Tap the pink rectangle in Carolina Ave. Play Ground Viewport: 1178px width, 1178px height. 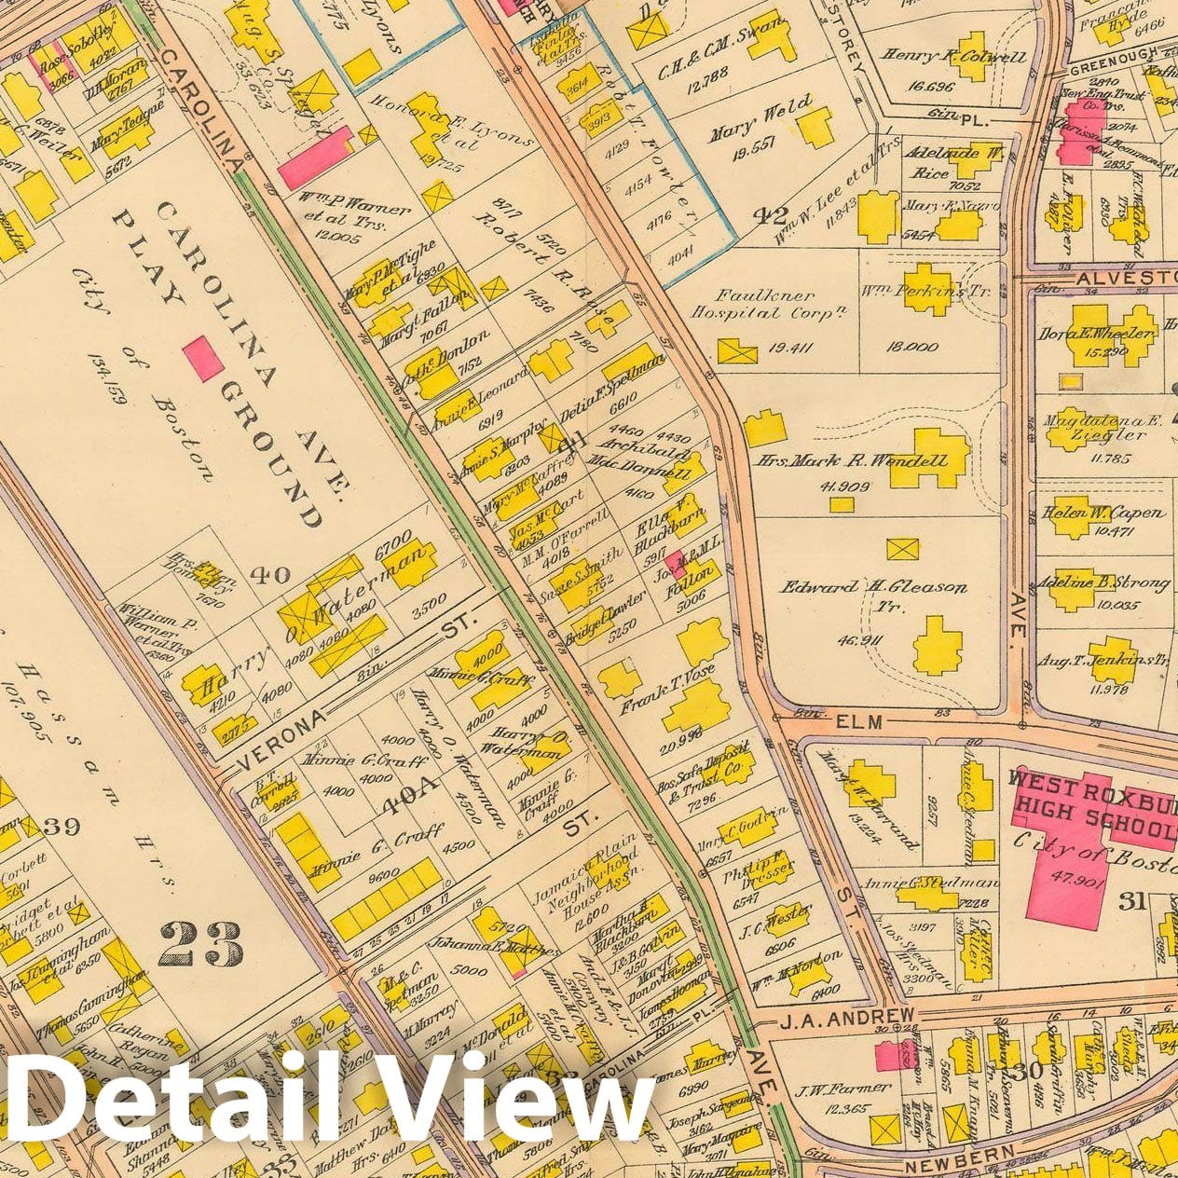(202, 358)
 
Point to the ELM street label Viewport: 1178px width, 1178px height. (858, 721)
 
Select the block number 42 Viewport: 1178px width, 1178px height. (770, 216)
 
